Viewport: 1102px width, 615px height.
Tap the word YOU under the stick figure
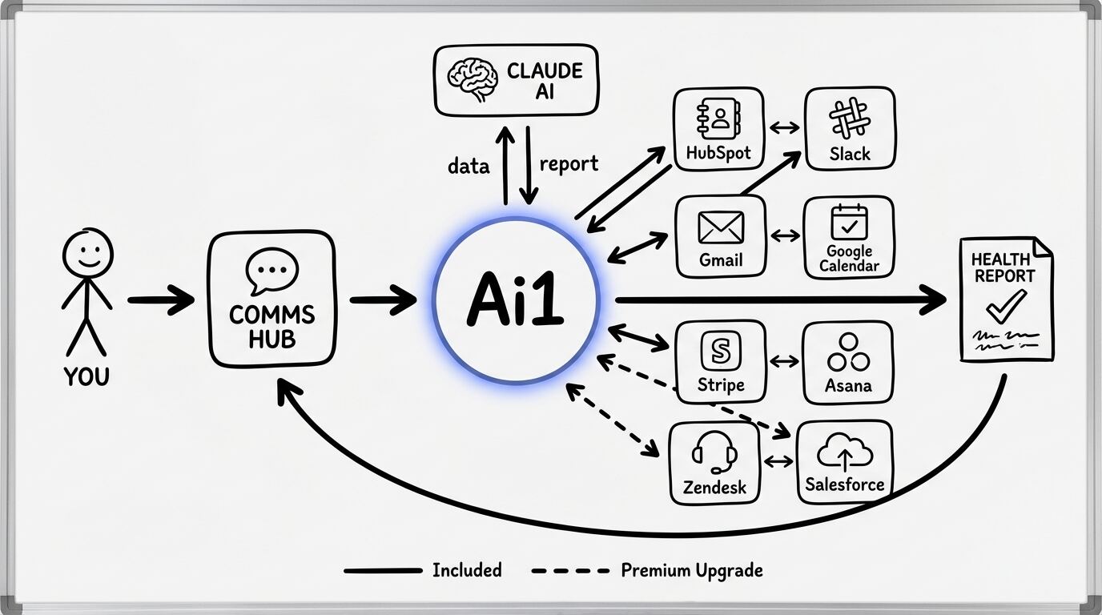pyautogui.click(x=86, y=376)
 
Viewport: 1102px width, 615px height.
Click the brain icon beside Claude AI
pyautogui.click(x=473, y=80)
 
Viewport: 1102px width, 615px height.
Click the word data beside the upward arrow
pyautogui.click(x=469, y=166)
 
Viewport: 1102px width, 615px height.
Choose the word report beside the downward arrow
pyautogui.click(x=569, y=164)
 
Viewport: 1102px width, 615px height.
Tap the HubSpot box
pyautogui.click(x=718, y=128)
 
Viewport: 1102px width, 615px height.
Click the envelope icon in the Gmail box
pyautogui.click(x=721, y=227)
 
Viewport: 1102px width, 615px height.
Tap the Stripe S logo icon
pyautogui.click(x=721, y=350)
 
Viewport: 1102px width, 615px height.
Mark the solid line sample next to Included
pyautogui.click(x=382, y=571)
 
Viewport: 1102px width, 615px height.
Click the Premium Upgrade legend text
pyautogui.click(x=691, y=571)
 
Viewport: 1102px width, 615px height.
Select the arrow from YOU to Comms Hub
pyautogui.click(x=160, y=301)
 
